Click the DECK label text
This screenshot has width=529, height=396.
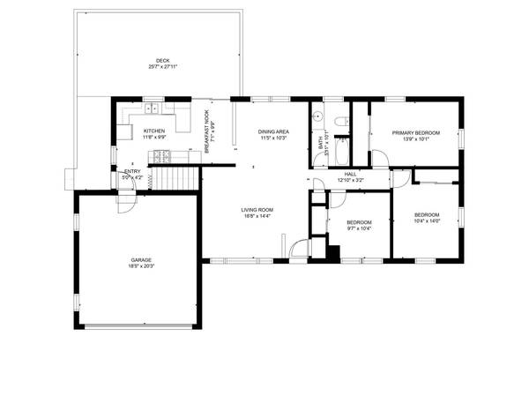(162, 61)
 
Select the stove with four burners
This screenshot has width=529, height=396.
(161, 157)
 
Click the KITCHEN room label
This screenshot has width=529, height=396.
(154, 131)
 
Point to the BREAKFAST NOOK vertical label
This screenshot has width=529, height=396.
(206, 133)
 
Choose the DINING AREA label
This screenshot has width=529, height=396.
(273, 132)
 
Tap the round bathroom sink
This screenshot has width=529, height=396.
(318, 115)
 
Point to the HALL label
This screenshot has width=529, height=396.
(350, 175)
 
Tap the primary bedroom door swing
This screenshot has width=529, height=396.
(380, 157)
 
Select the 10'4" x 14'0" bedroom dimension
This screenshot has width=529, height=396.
(427, 220)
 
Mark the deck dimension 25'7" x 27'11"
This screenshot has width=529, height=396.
(162, 67)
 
